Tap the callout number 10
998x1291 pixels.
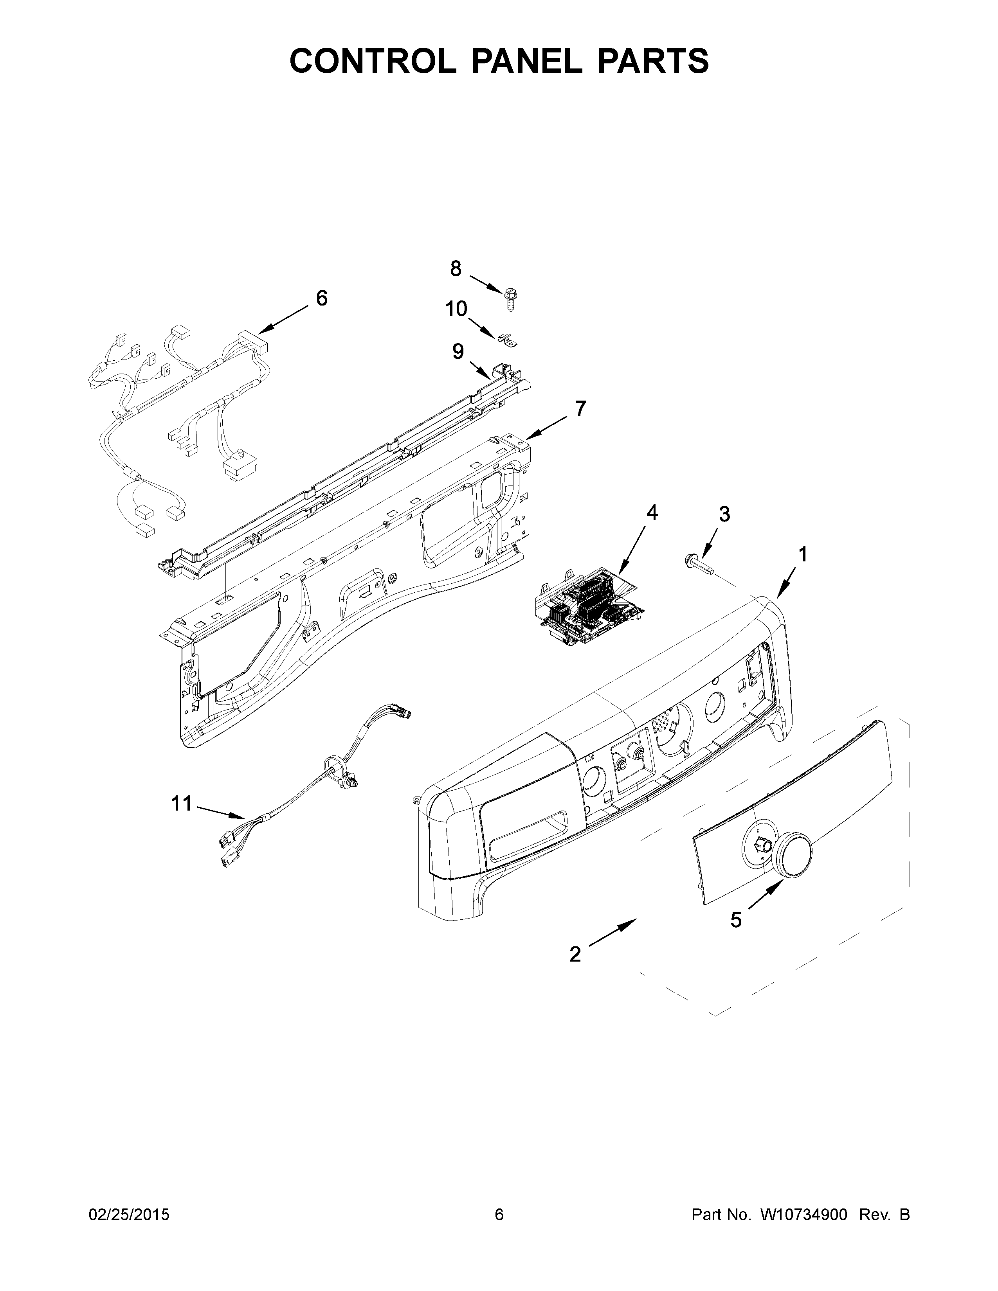click(456, 309)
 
